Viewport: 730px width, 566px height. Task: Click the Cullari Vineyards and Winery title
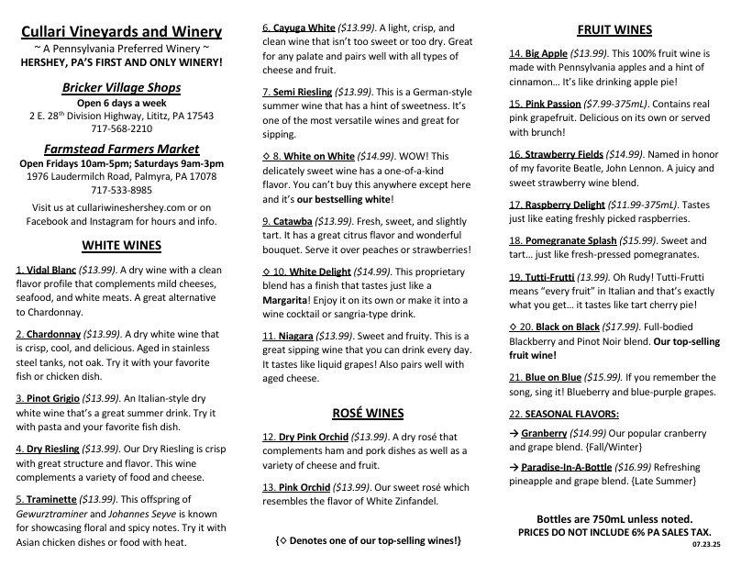122,32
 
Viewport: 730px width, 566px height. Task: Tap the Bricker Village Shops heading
122,87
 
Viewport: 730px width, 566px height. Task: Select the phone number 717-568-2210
122,129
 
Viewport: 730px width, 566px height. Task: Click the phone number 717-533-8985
122,190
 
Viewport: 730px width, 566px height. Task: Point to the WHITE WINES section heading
122,245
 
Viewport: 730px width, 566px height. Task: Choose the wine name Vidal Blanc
51,272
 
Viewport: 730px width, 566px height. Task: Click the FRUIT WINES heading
614,28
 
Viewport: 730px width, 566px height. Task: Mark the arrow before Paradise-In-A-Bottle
514,467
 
